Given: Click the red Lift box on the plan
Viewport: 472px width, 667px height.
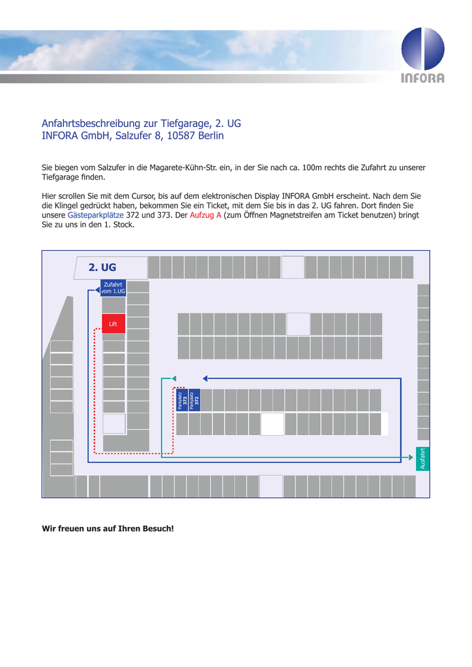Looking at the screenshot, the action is [113, 324].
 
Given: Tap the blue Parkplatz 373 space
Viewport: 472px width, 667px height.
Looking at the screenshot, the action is [182, 400].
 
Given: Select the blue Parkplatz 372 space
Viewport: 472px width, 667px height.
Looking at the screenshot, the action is [194, 400].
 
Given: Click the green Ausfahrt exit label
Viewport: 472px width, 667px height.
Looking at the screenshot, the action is [422, 459].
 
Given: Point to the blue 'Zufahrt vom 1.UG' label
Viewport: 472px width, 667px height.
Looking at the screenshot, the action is [113, 287].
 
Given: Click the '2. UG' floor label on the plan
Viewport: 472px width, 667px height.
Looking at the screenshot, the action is [102, 267].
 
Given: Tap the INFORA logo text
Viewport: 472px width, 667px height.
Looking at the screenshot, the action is [422, 78].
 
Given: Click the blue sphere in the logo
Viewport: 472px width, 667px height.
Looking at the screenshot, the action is [422, 48].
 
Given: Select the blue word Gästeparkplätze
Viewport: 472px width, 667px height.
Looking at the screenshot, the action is [96, 215].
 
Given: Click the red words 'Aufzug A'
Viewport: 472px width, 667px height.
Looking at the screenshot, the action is [205, 215].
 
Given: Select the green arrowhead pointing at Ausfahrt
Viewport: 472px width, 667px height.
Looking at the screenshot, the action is [411, 457].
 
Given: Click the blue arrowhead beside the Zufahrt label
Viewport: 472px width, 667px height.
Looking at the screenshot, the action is [98, 290].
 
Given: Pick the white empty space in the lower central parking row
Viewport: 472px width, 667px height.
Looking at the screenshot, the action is [273, 424].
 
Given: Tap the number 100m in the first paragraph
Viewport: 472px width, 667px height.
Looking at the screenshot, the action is [312, 167].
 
